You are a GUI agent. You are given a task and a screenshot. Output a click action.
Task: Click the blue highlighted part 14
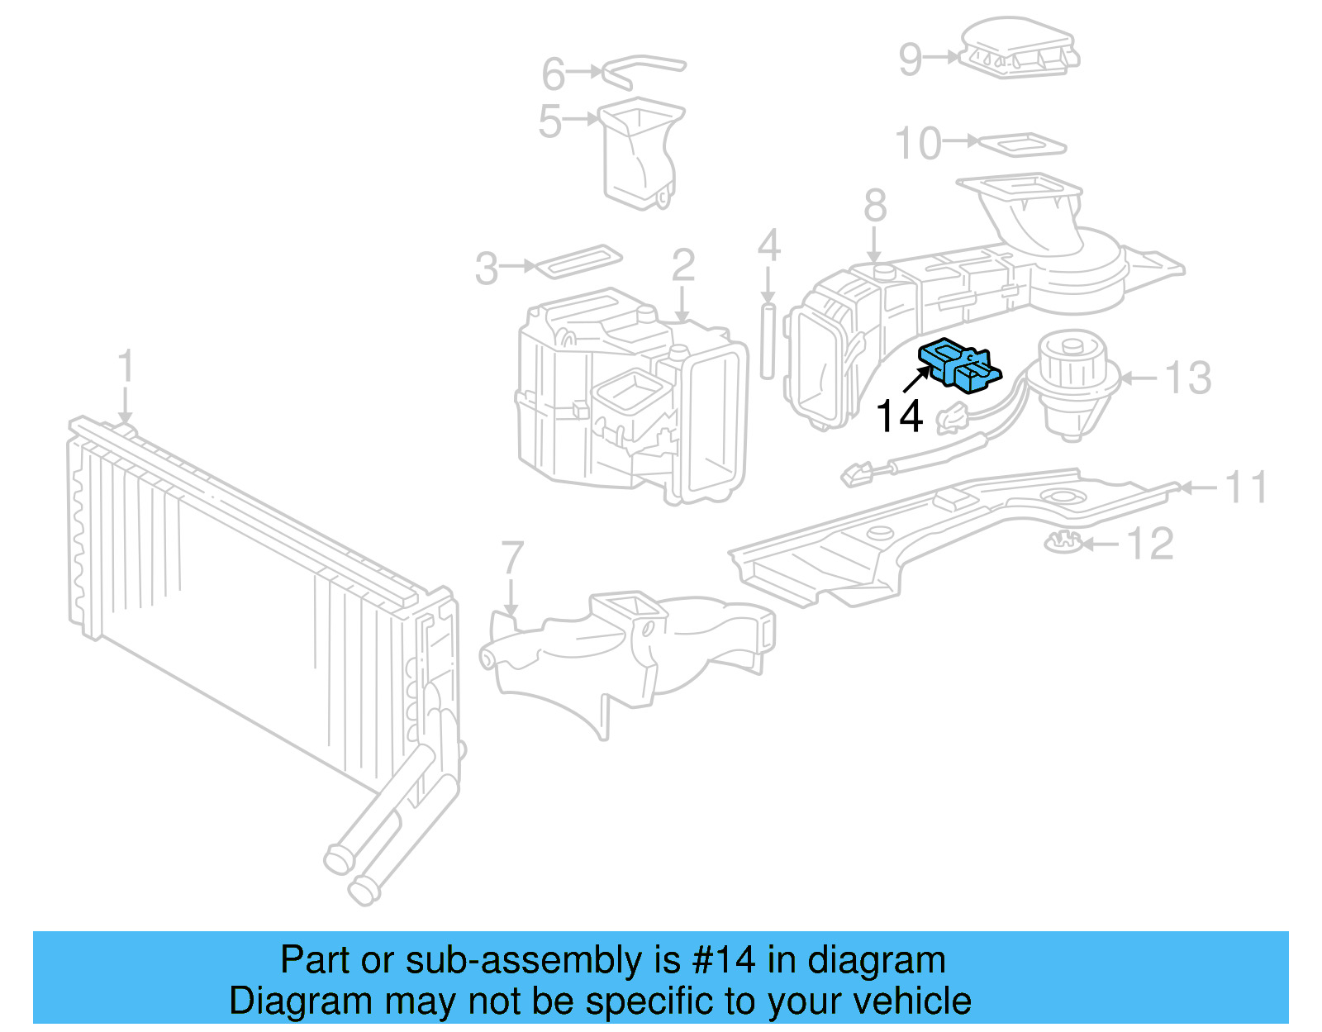tap(960, 364)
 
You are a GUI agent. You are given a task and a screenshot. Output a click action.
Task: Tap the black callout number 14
tap(898, 416)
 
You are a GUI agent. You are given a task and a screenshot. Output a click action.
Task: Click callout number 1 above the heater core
tap(125, 366)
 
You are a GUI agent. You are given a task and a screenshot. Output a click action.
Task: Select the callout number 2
tap(683, 264)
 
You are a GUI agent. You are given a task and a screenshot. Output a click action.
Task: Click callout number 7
tap(512, 558)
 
